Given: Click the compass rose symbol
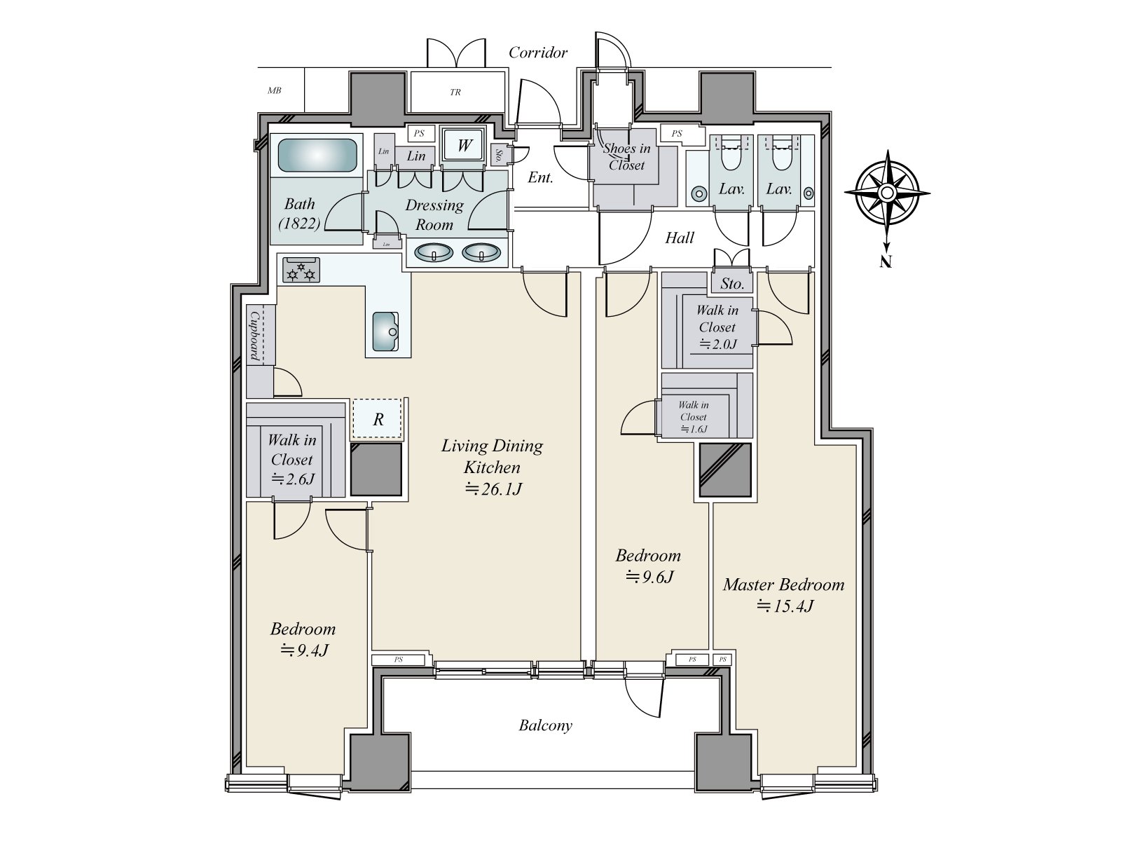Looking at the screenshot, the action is tap(887, 193).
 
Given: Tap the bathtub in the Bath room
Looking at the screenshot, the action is tap(317, 155).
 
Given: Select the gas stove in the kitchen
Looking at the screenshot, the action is tap(301, 270).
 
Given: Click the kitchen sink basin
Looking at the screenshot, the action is tap(385, 331).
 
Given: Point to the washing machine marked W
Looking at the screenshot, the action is tap(464, 145).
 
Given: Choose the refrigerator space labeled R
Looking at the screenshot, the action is tap(378, 418).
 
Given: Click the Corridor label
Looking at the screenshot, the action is tap(538, 53).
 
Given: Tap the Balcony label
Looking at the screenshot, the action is tap(545, 725).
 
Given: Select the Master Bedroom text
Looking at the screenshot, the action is tap(783, 584).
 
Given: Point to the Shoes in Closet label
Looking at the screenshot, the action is tap(626, 156).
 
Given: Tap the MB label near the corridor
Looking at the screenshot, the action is tap(274, 90).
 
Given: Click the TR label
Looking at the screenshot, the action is tap(455, 93).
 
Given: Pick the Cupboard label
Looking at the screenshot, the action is tap(254, 336).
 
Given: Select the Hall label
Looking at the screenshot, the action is tap(679, 238).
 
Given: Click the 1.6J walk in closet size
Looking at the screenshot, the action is tap(694, 429).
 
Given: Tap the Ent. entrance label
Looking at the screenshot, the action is tap(540, 177).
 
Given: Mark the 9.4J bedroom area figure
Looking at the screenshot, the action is tap(304, 650).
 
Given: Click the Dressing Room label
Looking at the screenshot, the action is tap(434, 214).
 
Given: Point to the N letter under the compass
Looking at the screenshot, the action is tap(886, 261).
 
